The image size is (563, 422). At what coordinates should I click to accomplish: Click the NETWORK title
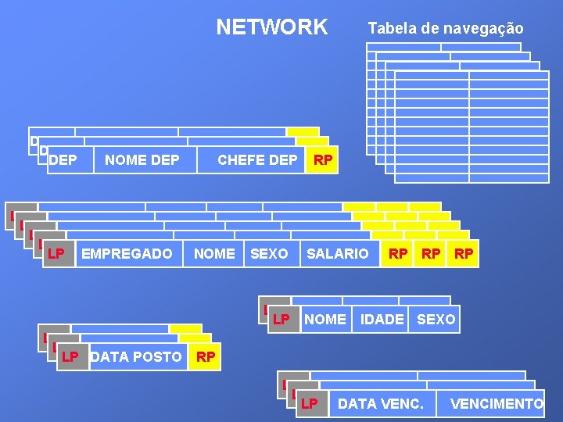point(272,27)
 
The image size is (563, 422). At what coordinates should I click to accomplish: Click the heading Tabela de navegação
point(446,29)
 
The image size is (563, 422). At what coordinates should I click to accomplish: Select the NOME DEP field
point(142,160)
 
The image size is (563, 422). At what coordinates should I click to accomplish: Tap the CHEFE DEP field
point(256,160)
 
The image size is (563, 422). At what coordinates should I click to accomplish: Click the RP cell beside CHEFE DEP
point(323,160)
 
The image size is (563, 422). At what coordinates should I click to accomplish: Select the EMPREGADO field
point(127,253)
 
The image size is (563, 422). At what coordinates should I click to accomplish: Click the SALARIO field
point(337,253)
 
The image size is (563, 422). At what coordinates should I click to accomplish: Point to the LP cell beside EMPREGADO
point(56,253)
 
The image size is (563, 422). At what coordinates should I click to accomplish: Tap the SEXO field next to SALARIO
point(269,253)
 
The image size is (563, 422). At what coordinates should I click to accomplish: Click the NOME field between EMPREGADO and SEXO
point(214,253)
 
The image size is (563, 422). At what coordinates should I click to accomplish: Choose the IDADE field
point(382,319)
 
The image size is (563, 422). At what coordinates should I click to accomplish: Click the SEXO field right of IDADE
point(436,319)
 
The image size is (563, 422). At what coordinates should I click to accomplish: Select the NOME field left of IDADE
point(325,319)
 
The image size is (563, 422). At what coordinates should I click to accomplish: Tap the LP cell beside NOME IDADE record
point(281,319)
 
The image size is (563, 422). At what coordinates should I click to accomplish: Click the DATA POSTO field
point(136,357)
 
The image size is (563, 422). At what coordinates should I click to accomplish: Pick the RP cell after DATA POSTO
point(206,357)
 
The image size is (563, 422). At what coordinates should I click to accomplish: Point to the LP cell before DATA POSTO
point(70,357)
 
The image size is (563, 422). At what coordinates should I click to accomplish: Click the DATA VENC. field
point(380,403)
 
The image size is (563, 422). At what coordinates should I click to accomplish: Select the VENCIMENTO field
point(497,403)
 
